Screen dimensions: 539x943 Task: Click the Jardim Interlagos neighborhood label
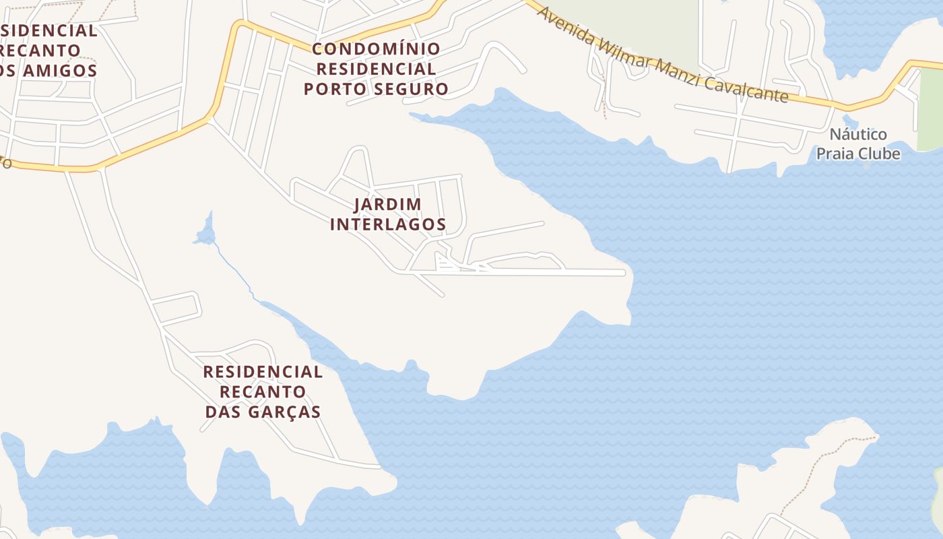coord(388,214)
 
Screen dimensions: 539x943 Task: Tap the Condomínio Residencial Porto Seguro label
coord(376,69)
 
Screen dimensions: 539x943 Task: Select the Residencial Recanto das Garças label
coord(263,391)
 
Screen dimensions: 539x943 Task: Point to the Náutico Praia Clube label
coord(858,144)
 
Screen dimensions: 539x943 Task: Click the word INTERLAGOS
coord(388,224)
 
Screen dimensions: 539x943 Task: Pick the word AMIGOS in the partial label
coord(65,70)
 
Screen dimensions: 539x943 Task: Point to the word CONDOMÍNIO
coord(376,49)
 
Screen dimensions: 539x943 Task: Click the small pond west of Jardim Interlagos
coord(205,234)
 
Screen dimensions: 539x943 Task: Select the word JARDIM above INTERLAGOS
coord(388,204)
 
